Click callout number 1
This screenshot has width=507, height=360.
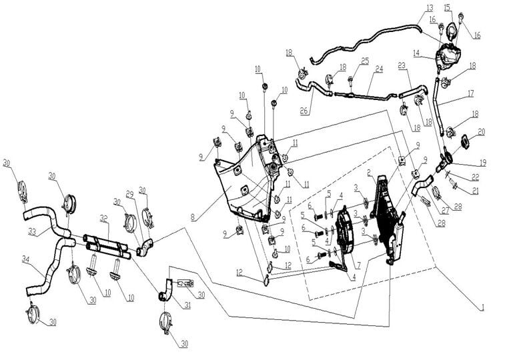[482, 308]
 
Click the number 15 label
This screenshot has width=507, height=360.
[448, 7]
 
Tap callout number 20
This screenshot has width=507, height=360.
[480, 132]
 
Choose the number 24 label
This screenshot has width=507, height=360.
[378, 68]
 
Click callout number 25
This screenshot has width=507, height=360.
[365, 61]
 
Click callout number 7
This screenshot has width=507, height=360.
[358, 265]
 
